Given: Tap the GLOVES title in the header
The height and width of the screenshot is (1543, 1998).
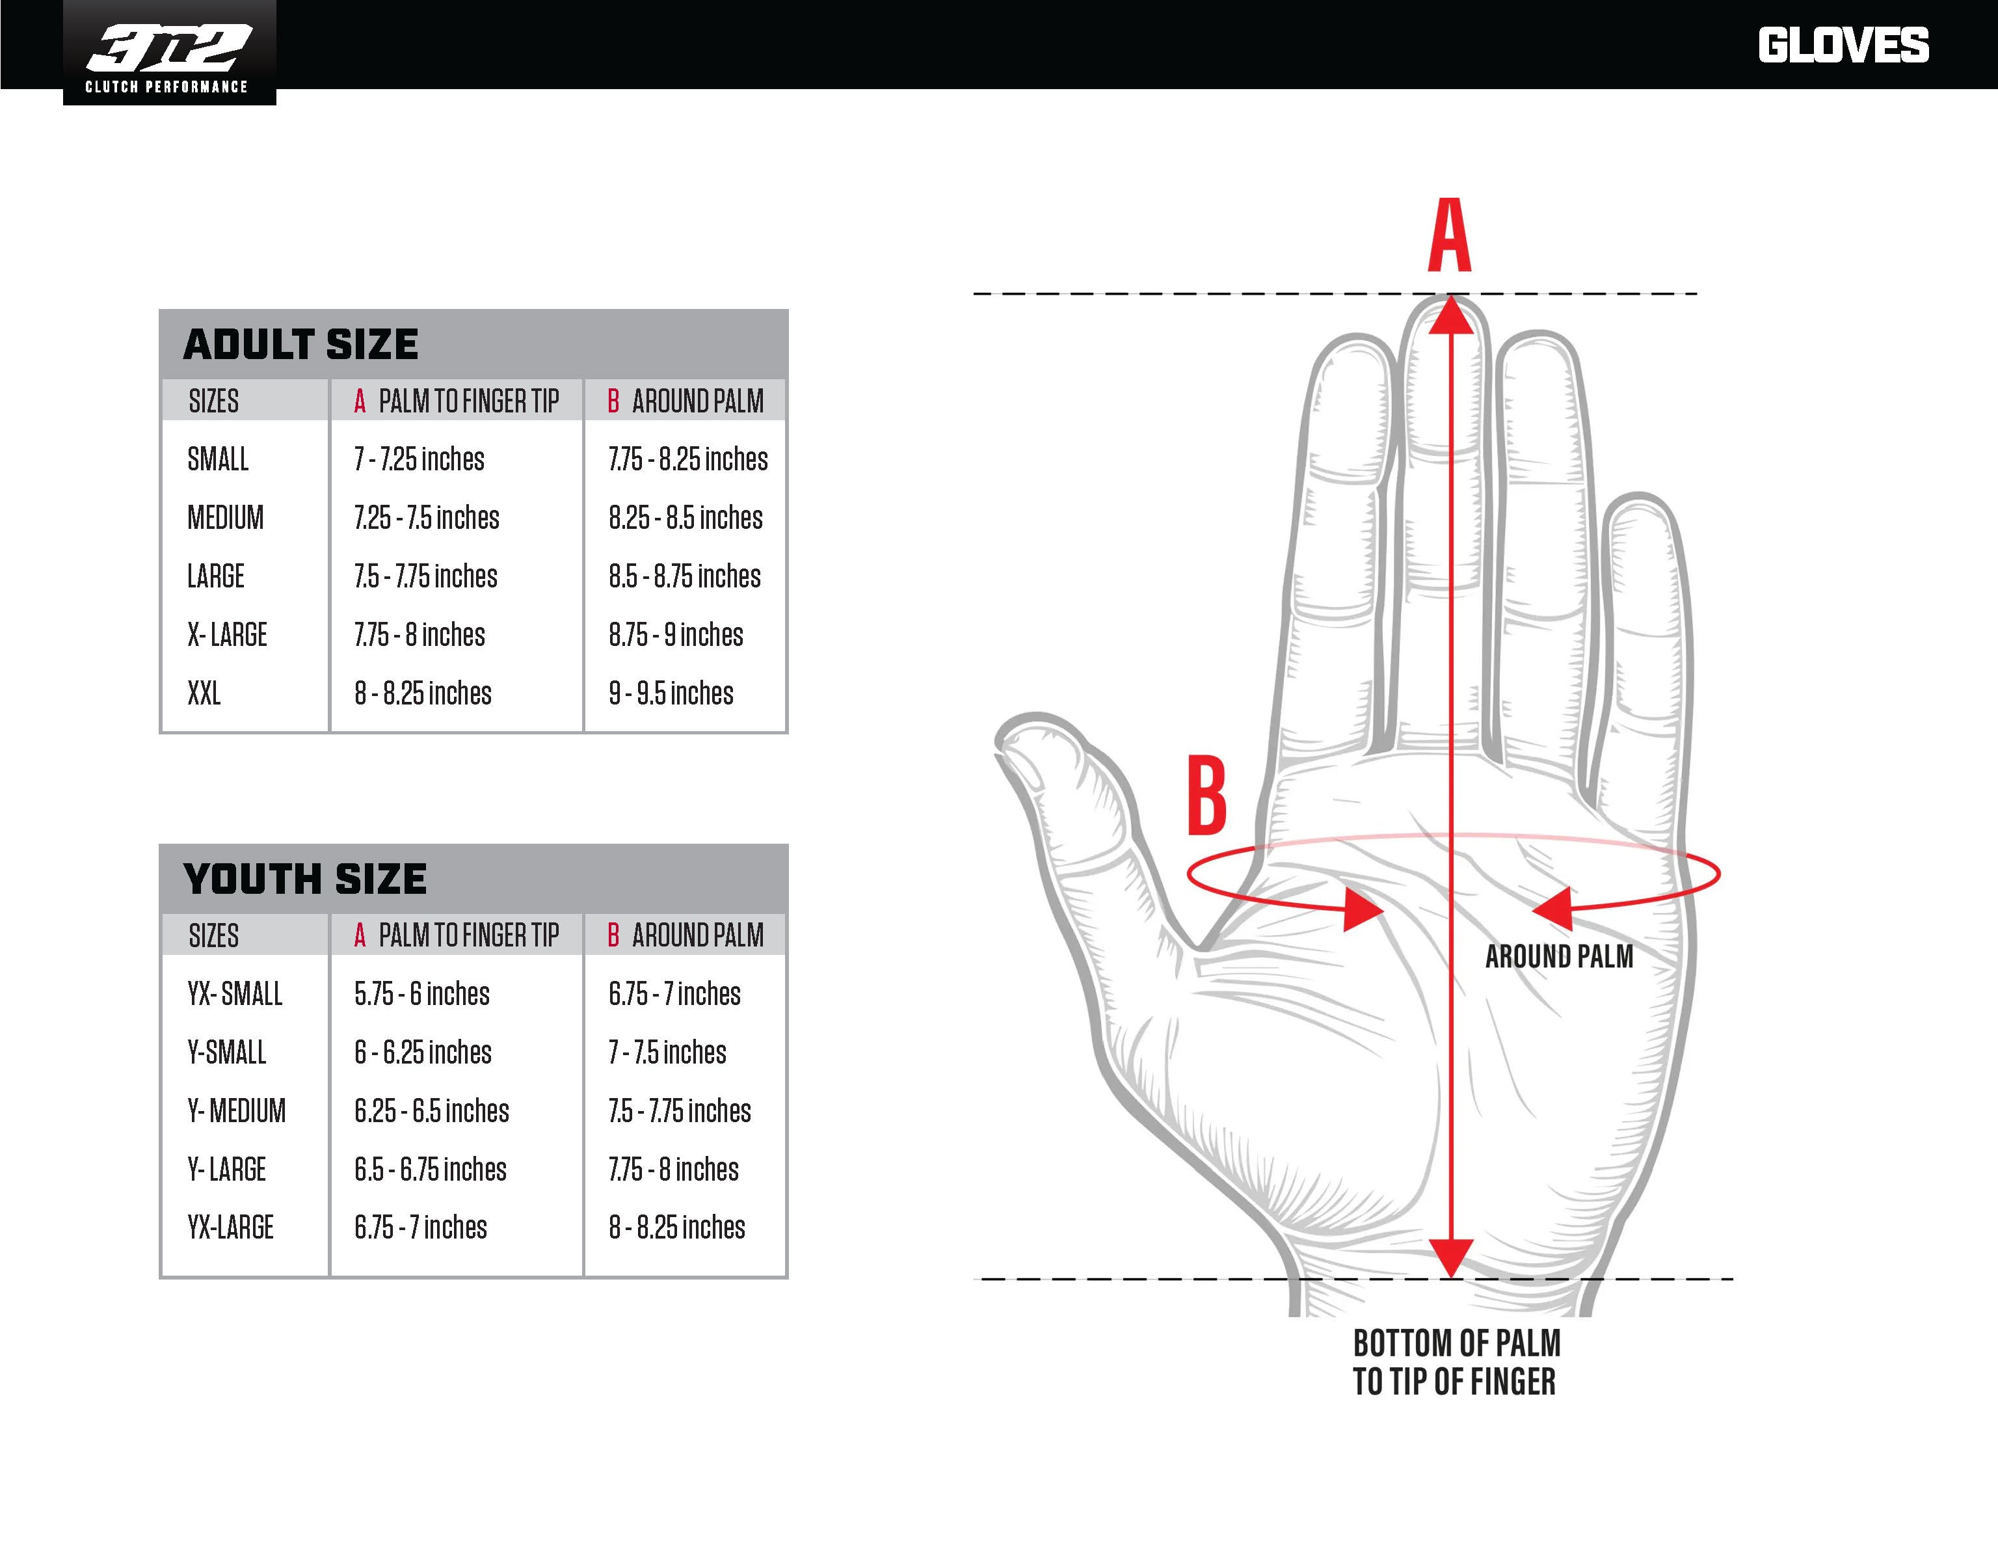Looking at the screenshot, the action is [x=1843, y=46].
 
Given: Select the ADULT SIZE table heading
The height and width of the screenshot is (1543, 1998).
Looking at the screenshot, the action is [x=301, y=345].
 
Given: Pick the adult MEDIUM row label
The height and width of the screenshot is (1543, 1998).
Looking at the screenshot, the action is [x=225, y=518].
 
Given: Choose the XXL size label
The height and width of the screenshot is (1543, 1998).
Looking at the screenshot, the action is [x=204, y=693].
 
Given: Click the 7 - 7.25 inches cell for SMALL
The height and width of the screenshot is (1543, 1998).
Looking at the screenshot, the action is [x=419, y=459].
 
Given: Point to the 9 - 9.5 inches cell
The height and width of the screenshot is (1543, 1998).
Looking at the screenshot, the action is [x=671, y=693].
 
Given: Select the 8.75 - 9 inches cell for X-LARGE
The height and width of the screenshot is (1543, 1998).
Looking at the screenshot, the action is [x=676, y=635].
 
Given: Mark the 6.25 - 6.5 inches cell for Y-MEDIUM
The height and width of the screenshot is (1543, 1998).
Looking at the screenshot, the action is [x=432, y=1111].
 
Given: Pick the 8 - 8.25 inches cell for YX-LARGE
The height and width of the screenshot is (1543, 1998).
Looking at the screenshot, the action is [x=677, y=1228].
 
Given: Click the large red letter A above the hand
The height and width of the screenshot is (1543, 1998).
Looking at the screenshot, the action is [x=1450, y=235].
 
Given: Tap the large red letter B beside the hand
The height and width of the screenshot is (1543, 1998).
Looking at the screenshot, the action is [x=1206, y=796].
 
